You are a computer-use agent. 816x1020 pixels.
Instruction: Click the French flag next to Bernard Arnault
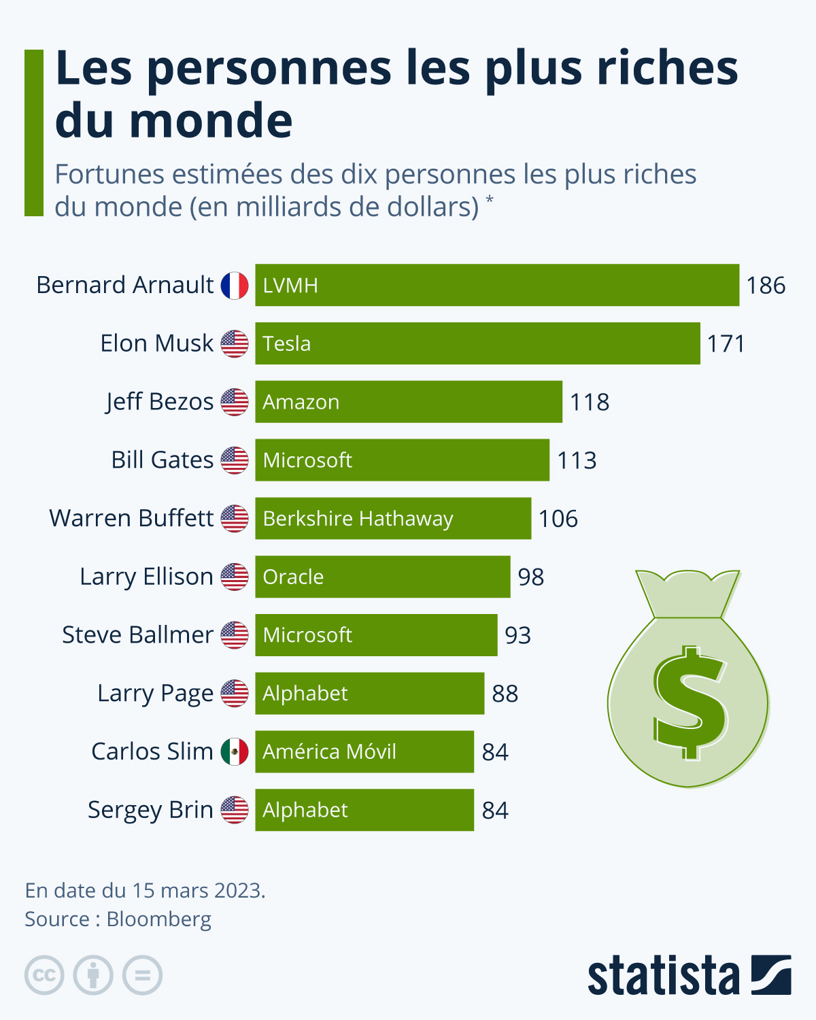coord(235,286)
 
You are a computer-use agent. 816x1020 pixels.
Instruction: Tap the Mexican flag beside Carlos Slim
coord(235,751)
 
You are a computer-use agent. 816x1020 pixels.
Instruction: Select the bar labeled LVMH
coord(496,285)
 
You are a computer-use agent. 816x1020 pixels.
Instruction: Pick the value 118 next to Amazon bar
coord(590,402)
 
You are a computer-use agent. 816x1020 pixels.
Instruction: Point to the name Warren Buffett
coord(131,518)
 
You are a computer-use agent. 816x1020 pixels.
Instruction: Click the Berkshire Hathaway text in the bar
coord(358,519)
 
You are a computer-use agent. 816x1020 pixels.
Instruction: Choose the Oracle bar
coord(382,577)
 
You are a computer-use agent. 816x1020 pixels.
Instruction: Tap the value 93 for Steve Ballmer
coord(517,635)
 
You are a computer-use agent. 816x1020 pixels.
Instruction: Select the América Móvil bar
coord(364,751)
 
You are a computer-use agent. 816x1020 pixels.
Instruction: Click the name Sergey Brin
coord(150,810)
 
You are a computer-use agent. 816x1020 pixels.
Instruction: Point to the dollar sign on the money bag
coord(689,702)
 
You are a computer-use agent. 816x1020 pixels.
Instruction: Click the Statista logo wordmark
coord(663,976)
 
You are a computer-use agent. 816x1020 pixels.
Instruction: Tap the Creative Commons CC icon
coord(44,975)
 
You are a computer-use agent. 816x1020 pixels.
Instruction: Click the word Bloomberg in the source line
coord(159,919)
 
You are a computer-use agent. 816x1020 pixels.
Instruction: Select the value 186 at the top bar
coord(766,286)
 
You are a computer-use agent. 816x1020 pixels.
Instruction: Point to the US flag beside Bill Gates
coord(235,460)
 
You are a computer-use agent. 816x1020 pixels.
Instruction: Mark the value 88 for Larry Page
coord(505,694)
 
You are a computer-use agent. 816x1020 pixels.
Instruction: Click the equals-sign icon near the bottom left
coord(142,975)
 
